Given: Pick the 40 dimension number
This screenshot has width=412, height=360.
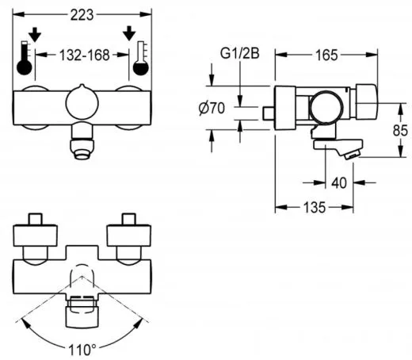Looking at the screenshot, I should point(339,183).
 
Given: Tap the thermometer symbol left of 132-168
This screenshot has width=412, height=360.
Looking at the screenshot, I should point(25,59).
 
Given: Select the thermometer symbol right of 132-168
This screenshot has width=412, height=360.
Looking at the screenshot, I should point(141,59).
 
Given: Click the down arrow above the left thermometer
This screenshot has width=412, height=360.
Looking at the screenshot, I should point(33,34).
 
